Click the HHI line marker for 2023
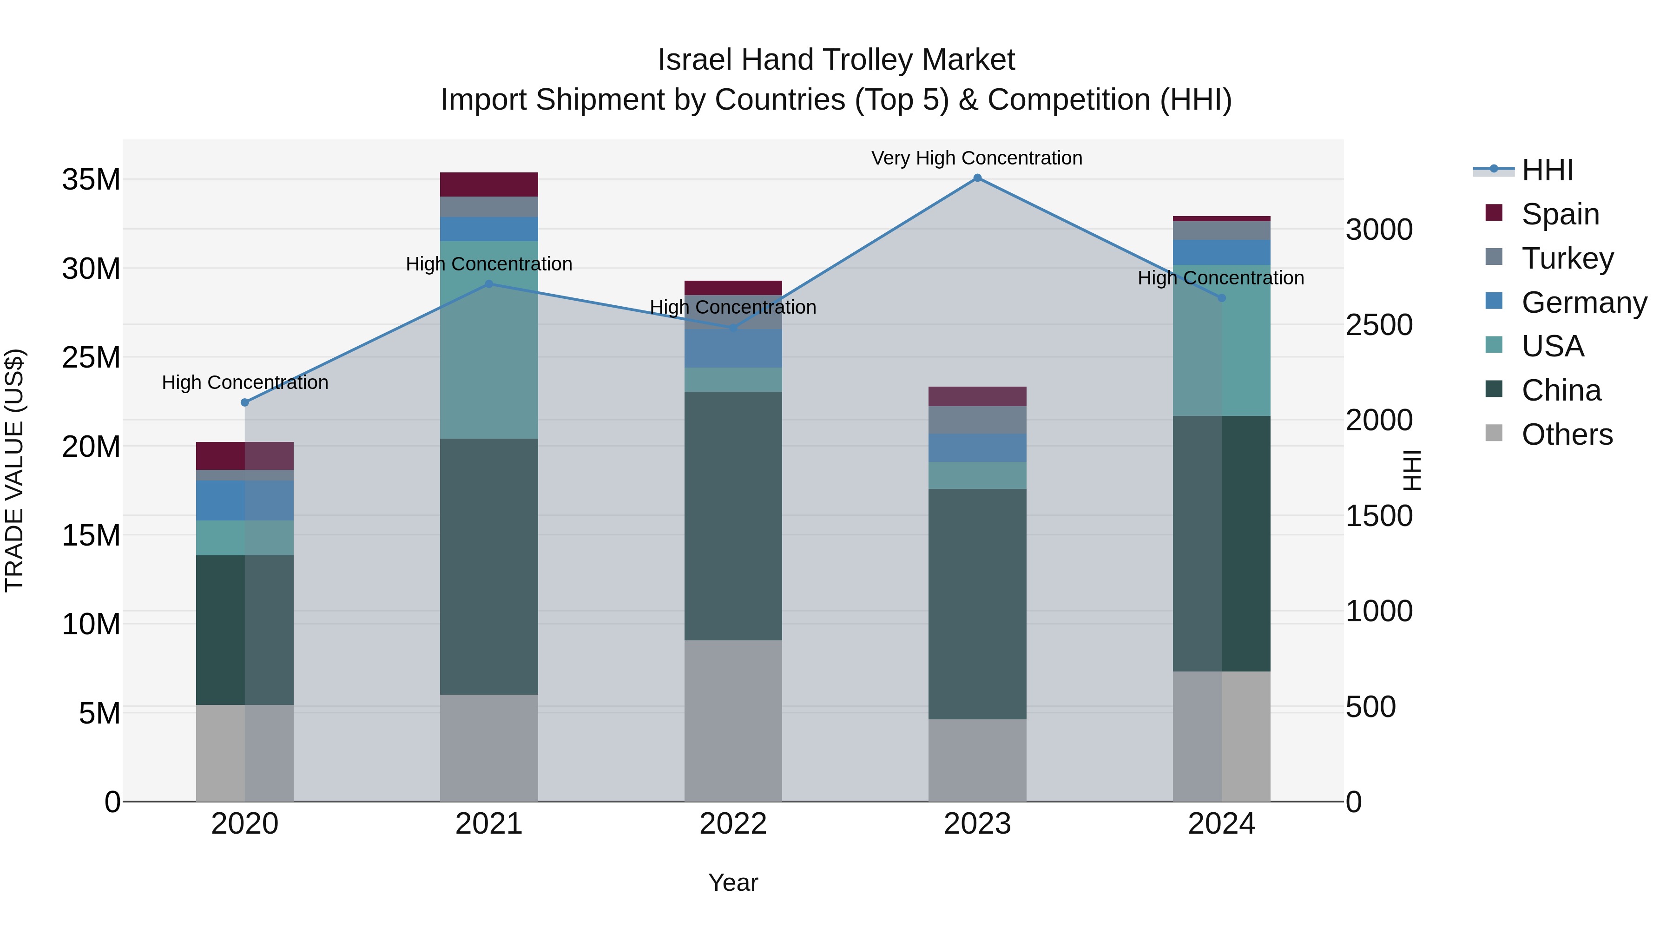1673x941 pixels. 977,178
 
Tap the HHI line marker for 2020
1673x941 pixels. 245,402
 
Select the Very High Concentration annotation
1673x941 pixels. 977,158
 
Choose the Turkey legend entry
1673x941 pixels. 1567,258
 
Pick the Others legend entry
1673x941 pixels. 1567,434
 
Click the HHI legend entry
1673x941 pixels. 1547,170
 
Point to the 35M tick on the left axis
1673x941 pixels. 91,179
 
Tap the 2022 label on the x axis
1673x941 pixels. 733,824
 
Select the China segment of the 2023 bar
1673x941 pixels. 977,604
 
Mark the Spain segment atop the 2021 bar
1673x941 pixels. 489,184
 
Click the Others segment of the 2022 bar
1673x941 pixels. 733,721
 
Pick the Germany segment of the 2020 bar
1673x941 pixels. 245,500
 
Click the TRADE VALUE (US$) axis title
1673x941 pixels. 14,470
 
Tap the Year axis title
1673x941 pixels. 733,882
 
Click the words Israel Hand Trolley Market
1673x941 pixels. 836,60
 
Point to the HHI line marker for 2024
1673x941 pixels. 1222,298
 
